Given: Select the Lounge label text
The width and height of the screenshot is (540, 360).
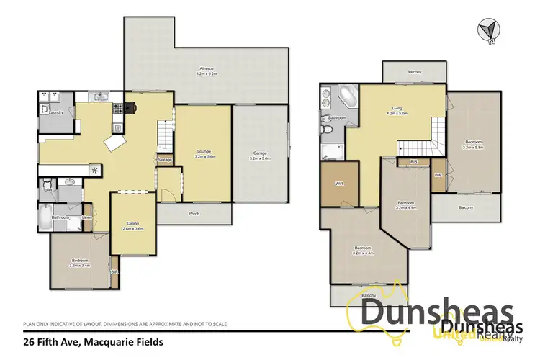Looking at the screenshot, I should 204,151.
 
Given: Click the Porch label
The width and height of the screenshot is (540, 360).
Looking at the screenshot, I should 194,214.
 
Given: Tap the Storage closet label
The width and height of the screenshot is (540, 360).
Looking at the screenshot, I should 164,159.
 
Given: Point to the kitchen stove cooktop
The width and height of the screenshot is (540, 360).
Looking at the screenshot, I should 130,109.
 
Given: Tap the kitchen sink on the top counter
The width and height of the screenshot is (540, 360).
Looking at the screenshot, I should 99,97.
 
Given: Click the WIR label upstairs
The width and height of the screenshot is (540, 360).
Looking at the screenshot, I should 339,184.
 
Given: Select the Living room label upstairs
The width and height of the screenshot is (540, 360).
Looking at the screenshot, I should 398,110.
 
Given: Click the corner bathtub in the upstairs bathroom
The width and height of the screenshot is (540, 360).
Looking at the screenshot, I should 346,96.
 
